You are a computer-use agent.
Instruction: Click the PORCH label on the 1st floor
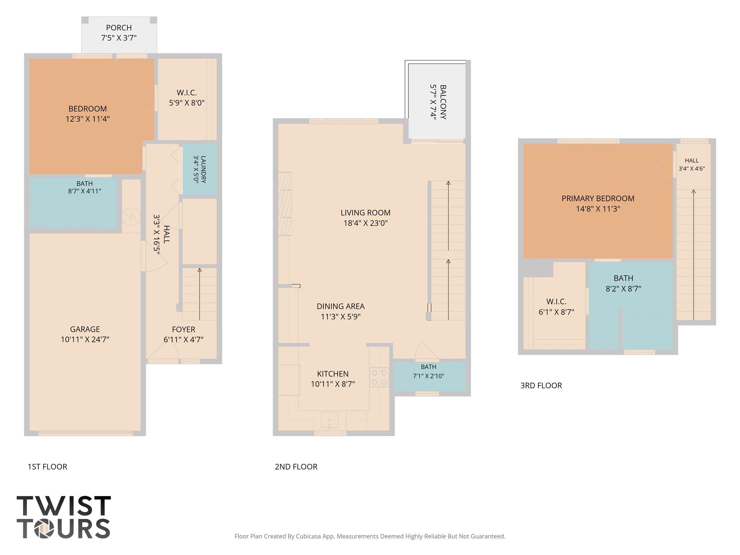click(x=119, y=27)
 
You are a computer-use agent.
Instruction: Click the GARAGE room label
click(x=85, y=329)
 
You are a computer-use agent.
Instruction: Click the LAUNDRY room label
click(x=203, y=169)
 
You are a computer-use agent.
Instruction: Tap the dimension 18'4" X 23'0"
click(x=366, y=223)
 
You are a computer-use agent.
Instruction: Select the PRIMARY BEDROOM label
click(x=598, y=198)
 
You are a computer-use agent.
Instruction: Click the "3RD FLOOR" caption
click(x=541, y=386)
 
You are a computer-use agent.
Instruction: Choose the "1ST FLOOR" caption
click(x=47, y=467)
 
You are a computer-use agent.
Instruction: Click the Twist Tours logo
click(x=64, y=517)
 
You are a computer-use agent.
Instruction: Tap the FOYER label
click(x=184, y=330)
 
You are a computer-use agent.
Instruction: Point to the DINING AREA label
click(x=341, y=306)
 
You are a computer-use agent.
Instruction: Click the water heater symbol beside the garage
click(x=131, y=216)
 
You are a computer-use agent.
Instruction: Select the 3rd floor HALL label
click(x=692, y=160)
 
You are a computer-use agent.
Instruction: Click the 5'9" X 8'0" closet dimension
click(x=187, y=103)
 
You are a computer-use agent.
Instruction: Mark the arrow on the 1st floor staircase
click(x=199, y=294)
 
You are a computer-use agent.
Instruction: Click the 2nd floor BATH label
click(x=429, y=367)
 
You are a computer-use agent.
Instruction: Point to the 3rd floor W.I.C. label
click(x=556, y=301)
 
